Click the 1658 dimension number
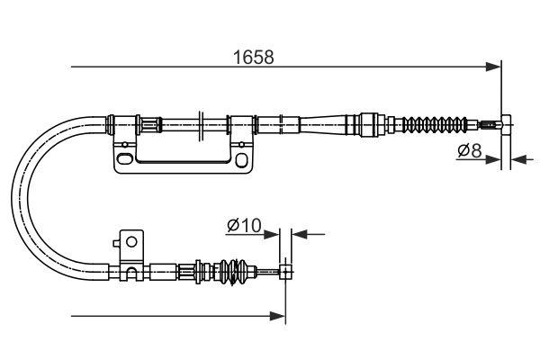(255, 57)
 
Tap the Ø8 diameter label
(468, 150)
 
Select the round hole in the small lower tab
(131, 240)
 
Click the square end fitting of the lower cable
(286, 268)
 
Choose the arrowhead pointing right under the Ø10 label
(274, 235)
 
